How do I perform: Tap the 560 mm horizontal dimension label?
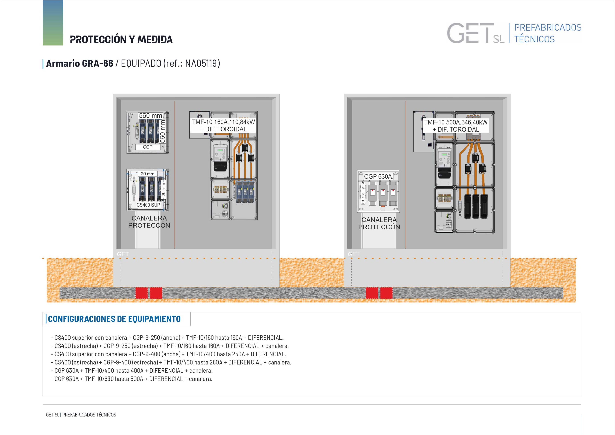pyautogui.click(x=150, y=115)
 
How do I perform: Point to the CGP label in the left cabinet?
pyautogui.click(x=148, y=147)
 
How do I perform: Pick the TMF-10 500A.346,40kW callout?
pyautogui.click(x=456, y=126)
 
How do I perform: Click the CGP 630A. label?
pyautogui.click(x=378, y=177)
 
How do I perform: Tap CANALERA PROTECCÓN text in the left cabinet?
pyautogui.click(x=149, y=222)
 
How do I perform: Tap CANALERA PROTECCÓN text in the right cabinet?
pyautogui.click(x=379, y=223)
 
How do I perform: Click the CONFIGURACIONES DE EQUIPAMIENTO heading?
pyautogui.click(x=114, y=319)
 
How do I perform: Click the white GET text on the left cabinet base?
pyautogui.click(x=123, y=254)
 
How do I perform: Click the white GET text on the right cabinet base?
pyautogui.click(x=354, y=254)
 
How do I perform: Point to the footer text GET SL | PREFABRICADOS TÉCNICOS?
pyautogui.click(x=81, y=415)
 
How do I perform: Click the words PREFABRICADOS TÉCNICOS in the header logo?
pyautogui.click(x=548, y=33)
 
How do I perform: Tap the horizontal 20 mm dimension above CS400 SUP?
pyautogui.click(x=148, y=174)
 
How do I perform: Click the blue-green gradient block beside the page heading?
pyautogui.click(x=53, y=23)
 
